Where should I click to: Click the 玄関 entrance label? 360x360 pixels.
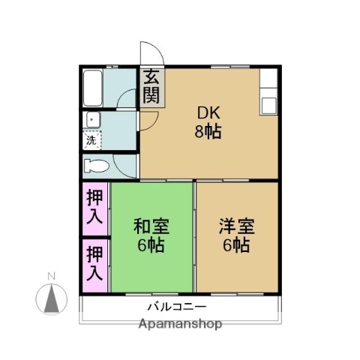tap(151, 86)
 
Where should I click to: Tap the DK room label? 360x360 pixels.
tap(208, 113)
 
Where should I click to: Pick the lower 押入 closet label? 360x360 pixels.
tap(95, 263)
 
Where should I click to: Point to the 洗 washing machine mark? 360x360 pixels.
tap(91, 140)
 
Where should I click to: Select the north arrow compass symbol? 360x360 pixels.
tap(52, 300)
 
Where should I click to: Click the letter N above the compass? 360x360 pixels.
tap(51, 277)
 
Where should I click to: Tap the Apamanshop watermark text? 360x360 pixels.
tap(180, 325)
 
